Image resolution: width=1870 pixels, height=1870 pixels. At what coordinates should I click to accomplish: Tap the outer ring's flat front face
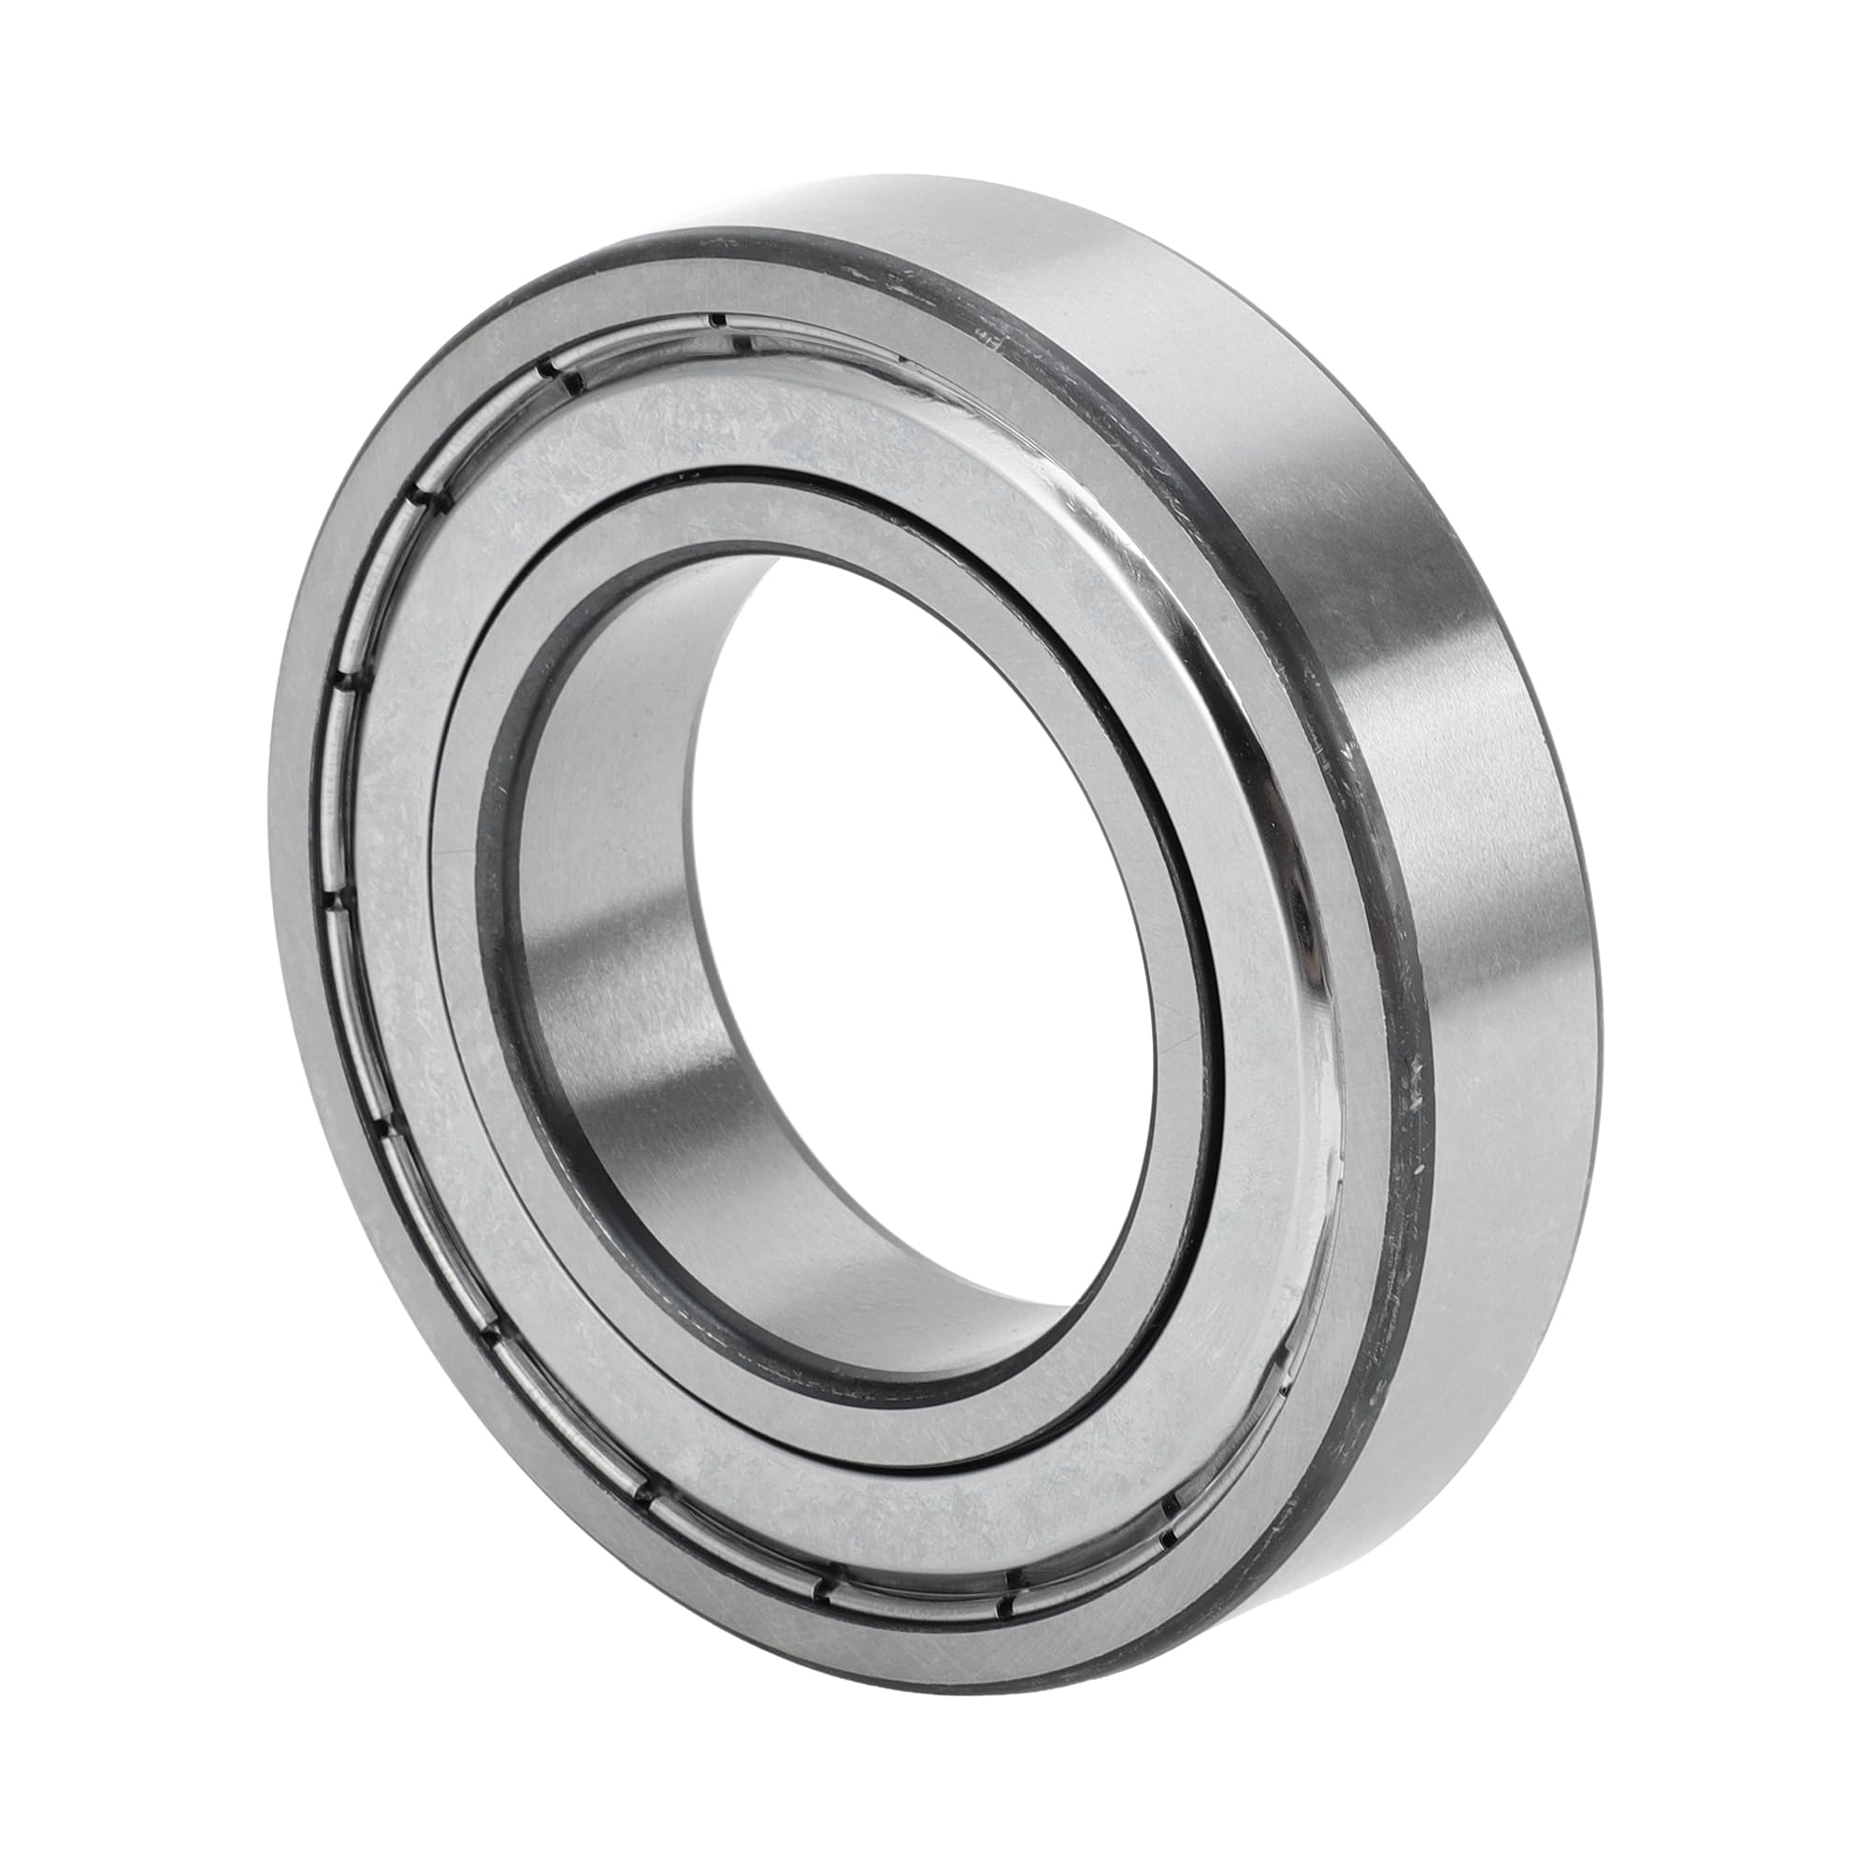(x=320, y=871)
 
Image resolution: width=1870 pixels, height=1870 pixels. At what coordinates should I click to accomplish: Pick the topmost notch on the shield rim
(x=716, y=321)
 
